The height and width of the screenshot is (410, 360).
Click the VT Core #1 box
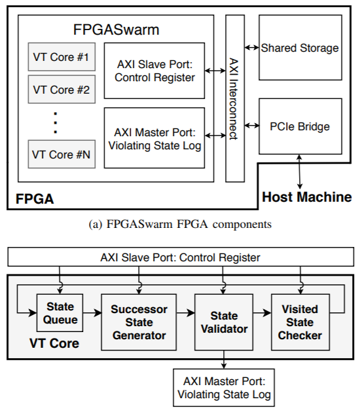click(x=61, y=58)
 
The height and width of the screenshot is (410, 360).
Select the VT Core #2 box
click(x=61, y=89)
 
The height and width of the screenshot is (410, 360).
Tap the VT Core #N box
click(x=61, y=155)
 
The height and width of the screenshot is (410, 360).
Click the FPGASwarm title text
click(x=115, y=30)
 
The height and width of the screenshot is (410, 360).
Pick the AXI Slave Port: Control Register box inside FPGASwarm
click(x=154, y=71)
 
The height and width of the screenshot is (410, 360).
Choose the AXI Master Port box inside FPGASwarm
click(x=154, y=138)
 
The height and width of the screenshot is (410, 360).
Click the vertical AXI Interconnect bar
click(x=234, y=98)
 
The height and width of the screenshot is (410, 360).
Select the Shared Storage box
click(x=300, y=48)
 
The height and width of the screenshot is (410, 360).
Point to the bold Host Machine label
click(x=306, y=196)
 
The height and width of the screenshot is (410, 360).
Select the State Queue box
click(x=61, y=312)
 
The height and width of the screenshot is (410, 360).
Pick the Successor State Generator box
click(x=139, y=322)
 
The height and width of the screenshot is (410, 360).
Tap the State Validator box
click(x=223, y=322)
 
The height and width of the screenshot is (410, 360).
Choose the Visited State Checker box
click(x=300, y=322)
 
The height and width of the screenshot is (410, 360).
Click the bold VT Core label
click(x=54, y=343)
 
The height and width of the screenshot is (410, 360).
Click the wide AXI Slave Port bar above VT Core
click(x=180, y=257)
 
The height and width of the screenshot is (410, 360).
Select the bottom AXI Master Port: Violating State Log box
click(x=223, y=387)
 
